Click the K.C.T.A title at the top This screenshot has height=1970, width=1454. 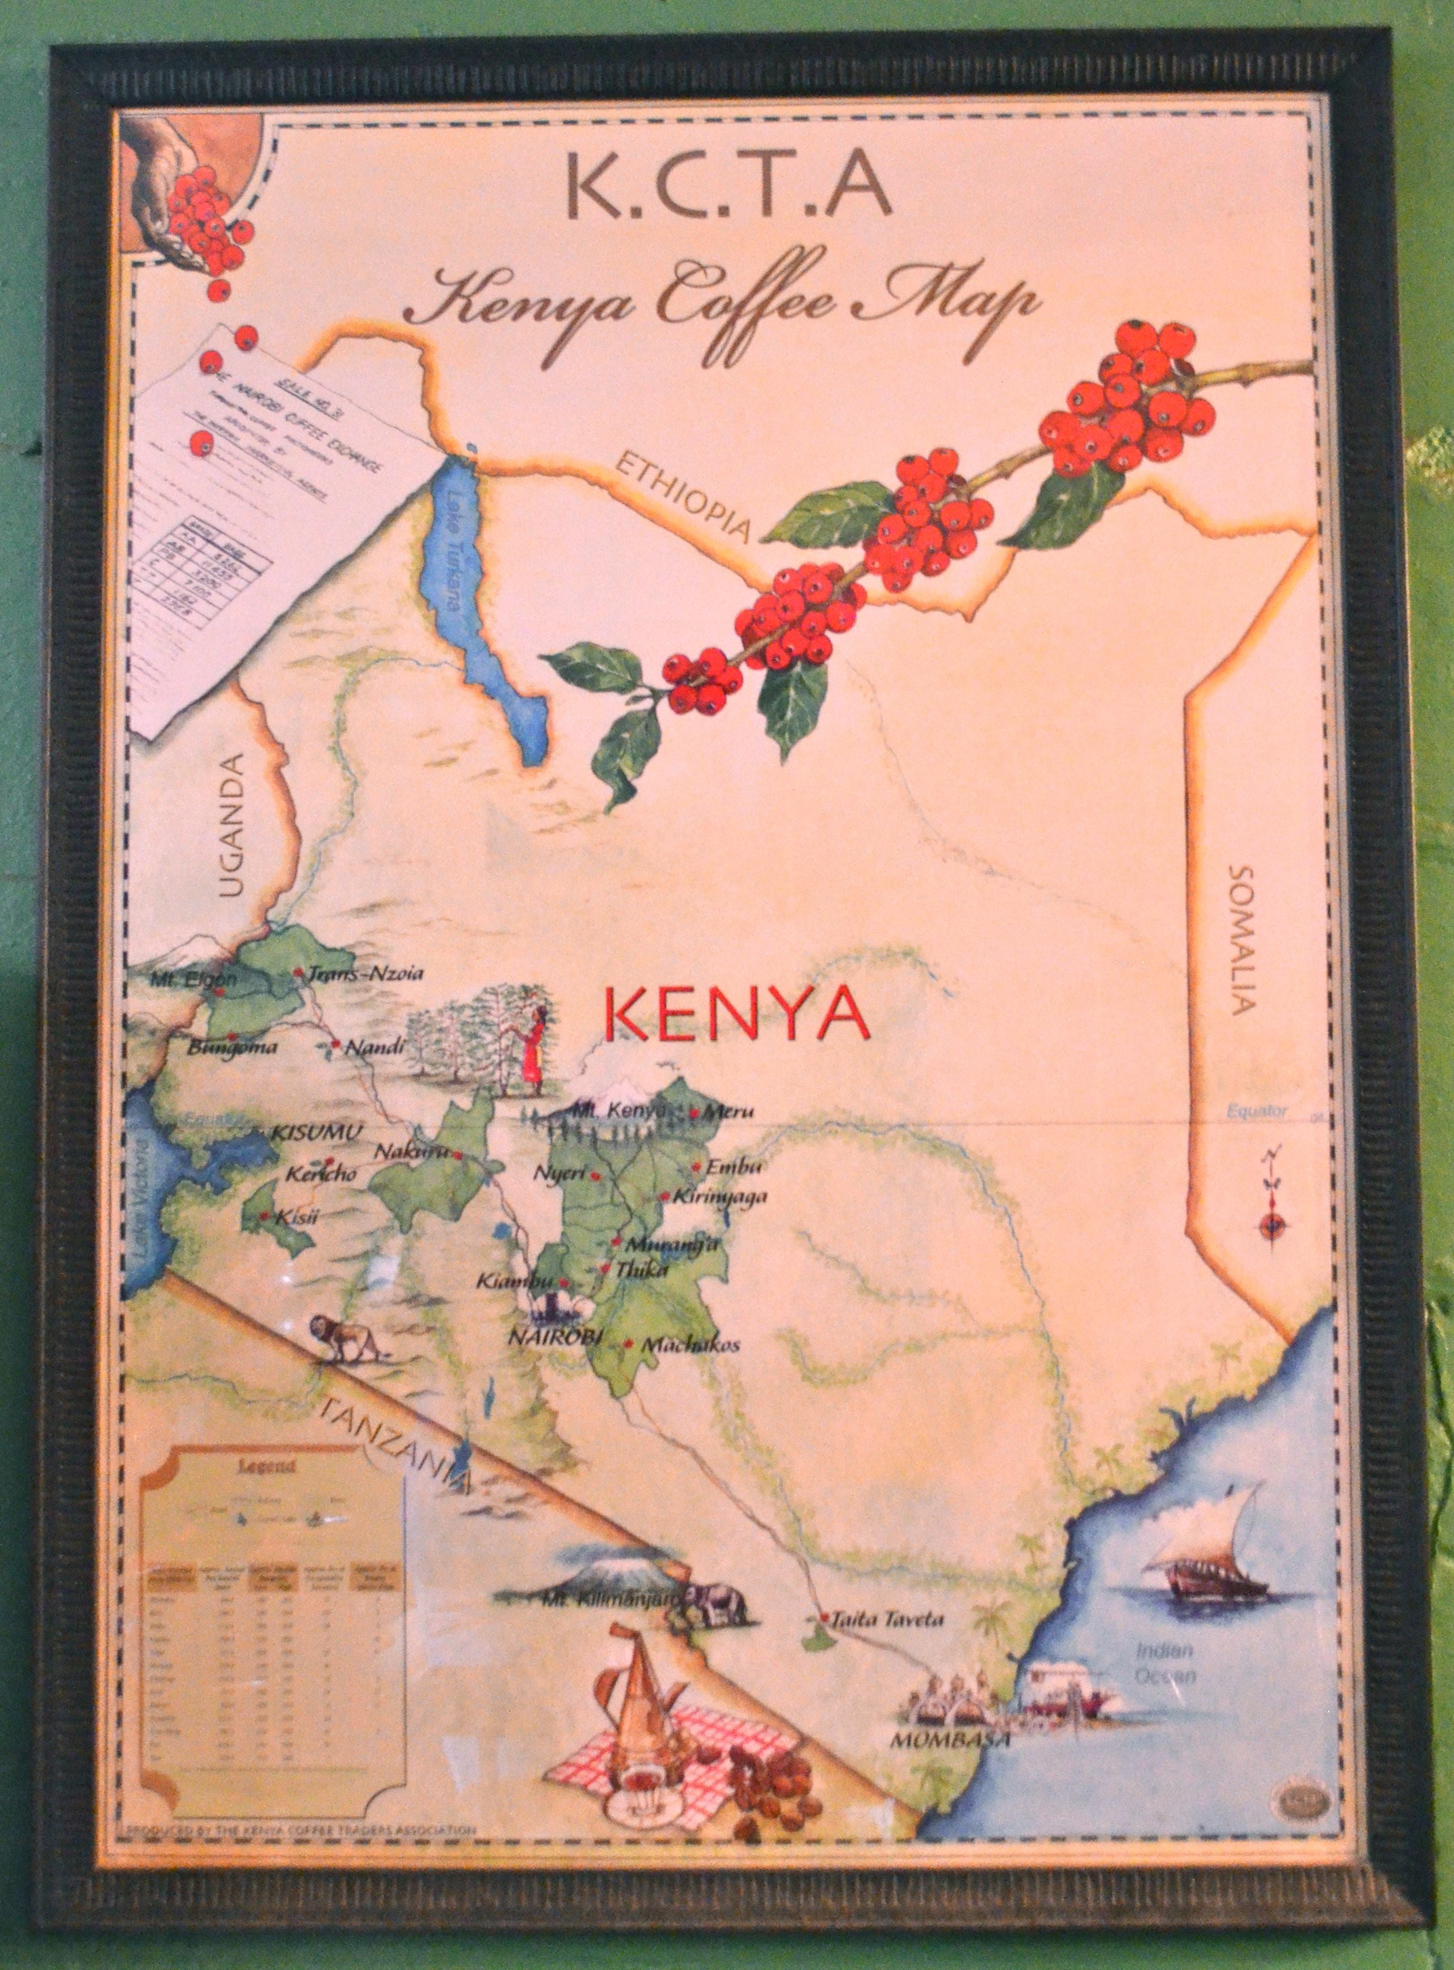[x=728, y=191]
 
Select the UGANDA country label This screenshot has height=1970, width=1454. [x=232, y=825]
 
